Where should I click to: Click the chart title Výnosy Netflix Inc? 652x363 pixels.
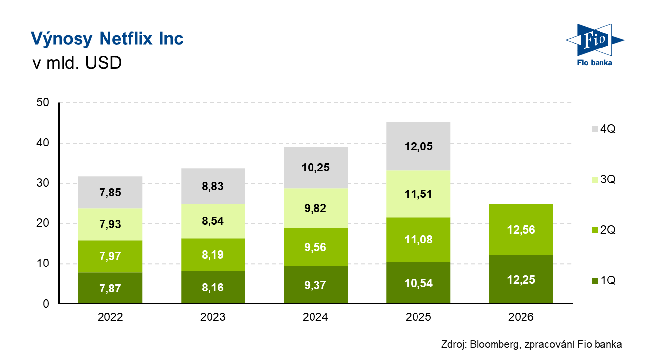[x=107, y=39]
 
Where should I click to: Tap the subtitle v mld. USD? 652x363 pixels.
[x=77, y=63]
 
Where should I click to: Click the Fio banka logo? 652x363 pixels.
[x=595, y=45]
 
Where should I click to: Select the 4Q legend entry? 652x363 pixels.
[x=604, y=129]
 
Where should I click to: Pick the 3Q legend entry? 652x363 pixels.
[x=604, y=180]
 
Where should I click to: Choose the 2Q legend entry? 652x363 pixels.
[x=604, y=230]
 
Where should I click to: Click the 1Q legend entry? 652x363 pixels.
[x=604, y=281]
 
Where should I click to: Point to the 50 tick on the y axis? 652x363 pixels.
[x=43, y=102]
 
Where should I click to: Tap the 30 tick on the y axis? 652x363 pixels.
[x=43, y=183]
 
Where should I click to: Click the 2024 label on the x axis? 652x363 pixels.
[x=315, y=317]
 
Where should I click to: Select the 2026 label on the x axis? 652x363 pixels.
[x=521, y=317]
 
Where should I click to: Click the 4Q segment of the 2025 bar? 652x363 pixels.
[x=418, y=146]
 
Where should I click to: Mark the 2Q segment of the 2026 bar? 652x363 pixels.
[x=521, y=230]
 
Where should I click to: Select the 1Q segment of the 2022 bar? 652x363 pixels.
[x=110, y=288]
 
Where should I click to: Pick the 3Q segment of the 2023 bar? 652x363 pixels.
[x=213, y=221]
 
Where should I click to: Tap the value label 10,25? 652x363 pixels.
[x=315, y=168]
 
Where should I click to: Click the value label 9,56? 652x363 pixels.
[x=315, y=247]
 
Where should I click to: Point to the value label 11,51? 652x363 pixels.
[x=418, y=194]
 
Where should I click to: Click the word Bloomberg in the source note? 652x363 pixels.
[x=494, y=345]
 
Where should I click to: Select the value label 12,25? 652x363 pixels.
[x=521, y=280]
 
